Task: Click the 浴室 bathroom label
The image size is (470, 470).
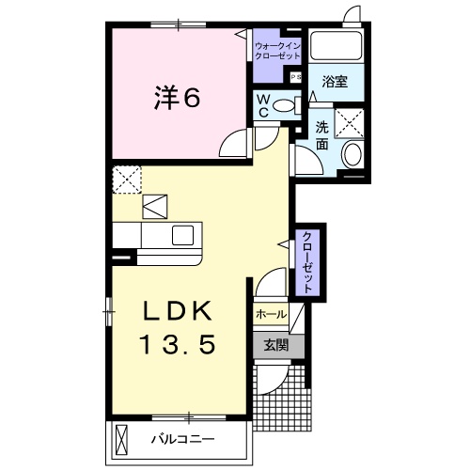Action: click(x=336, y=82)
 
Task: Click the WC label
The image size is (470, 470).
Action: click(x=263, y=104)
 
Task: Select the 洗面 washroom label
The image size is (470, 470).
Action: click(x=322, y=136)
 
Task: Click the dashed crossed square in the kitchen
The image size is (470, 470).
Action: click(x=126, y=178)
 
